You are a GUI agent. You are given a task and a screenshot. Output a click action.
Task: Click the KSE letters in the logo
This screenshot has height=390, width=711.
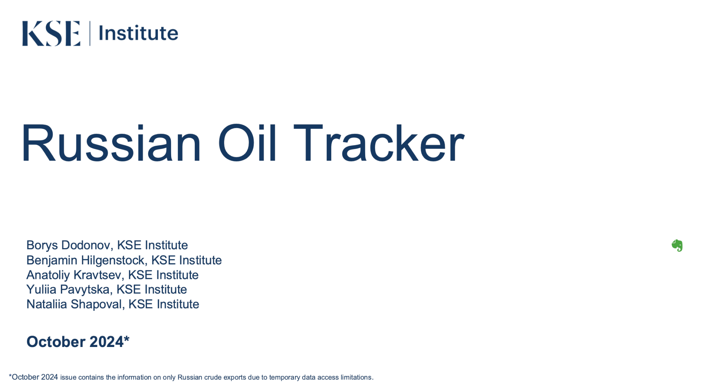[51, 33]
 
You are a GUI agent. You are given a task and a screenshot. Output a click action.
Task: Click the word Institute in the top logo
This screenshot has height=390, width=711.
[139, 33]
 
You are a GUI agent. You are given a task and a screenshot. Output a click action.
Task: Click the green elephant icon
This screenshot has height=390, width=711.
[677, 245]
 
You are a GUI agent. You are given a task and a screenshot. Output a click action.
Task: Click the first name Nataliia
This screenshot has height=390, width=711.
[47, 304]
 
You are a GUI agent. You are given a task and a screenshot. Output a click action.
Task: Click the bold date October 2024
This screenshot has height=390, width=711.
[75, 342]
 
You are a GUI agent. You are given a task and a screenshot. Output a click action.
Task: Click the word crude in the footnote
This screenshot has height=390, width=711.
[213, 378]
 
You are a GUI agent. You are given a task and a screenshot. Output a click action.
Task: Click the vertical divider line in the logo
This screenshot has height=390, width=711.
[90, 33]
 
